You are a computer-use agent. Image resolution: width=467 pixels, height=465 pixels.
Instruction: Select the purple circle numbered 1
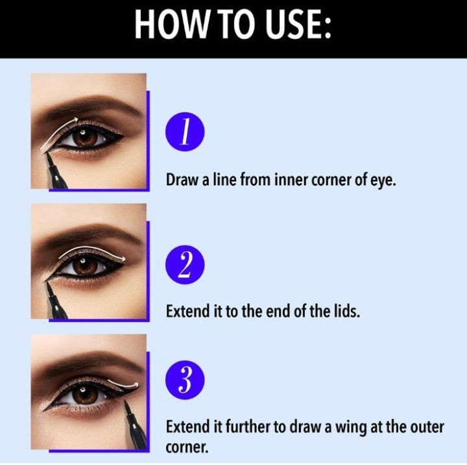tap(185, 132)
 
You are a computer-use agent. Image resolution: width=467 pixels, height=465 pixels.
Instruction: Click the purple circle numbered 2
tap(185, 264)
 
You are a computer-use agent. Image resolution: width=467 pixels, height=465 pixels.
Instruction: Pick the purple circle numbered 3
tap(185, 380)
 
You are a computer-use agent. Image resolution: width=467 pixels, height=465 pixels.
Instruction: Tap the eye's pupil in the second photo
tap(85, 266)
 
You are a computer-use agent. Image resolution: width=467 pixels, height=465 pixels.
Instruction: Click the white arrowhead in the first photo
tap(75, 120)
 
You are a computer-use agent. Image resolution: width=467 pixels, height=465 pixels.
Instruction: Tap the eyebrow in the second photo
tap(90, 235)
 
